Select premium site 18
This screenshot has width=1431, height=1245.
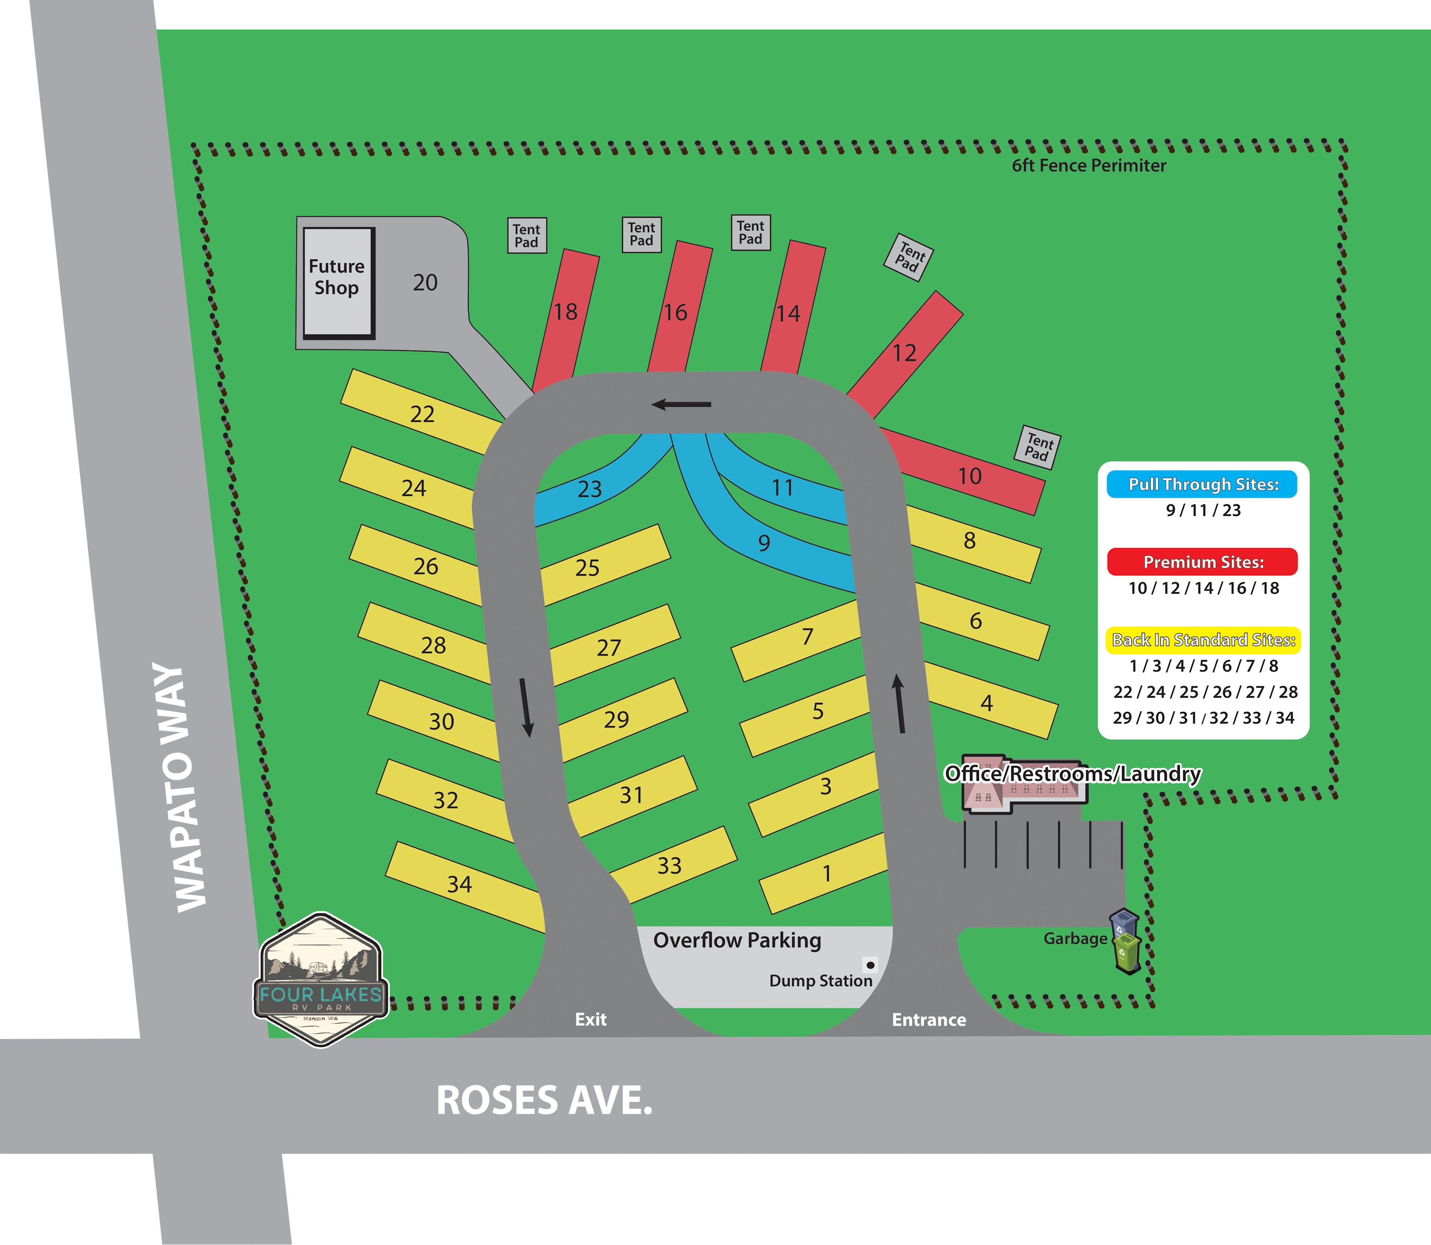[x=566, y=312]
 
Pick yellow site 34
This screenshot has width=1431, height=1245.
[x=459, y=884]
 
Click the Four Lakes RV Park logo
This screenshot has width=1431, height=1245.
[x=321, y=980]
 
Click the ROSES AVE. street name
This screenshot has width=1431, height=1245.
[x=544, y=1100]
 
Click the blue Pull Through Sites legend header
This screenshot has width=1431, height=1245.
[x=1203, y=484]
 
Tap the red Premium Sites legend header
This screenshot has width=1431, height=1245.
[x=1203, y=562]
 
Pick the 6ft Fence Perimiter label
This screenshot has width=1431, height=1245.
[x=1088, y=165]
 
